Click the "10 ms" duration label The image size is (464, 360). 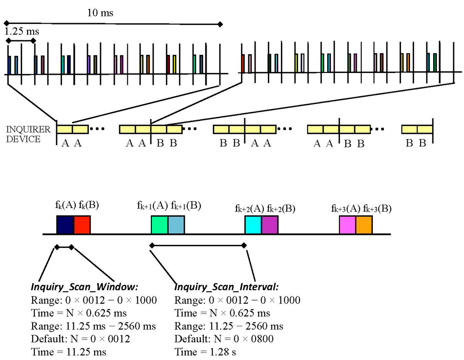click(100, 13)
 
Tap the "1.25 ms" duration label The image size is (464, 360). click(21, 32)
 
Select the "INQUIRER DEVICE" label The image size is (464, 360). click(24, 134)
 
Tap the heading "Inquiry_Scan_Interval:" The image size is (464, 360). click(227, 287)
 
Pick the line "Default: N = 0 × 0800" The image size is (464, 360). click(223, 339)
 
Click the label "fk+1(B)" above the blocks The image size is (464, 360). click(186, 205)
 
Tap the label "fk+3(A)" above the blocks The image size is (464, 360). click(346, 209)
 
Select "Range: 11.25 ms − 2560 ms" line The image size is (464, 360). click(93, 326)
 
